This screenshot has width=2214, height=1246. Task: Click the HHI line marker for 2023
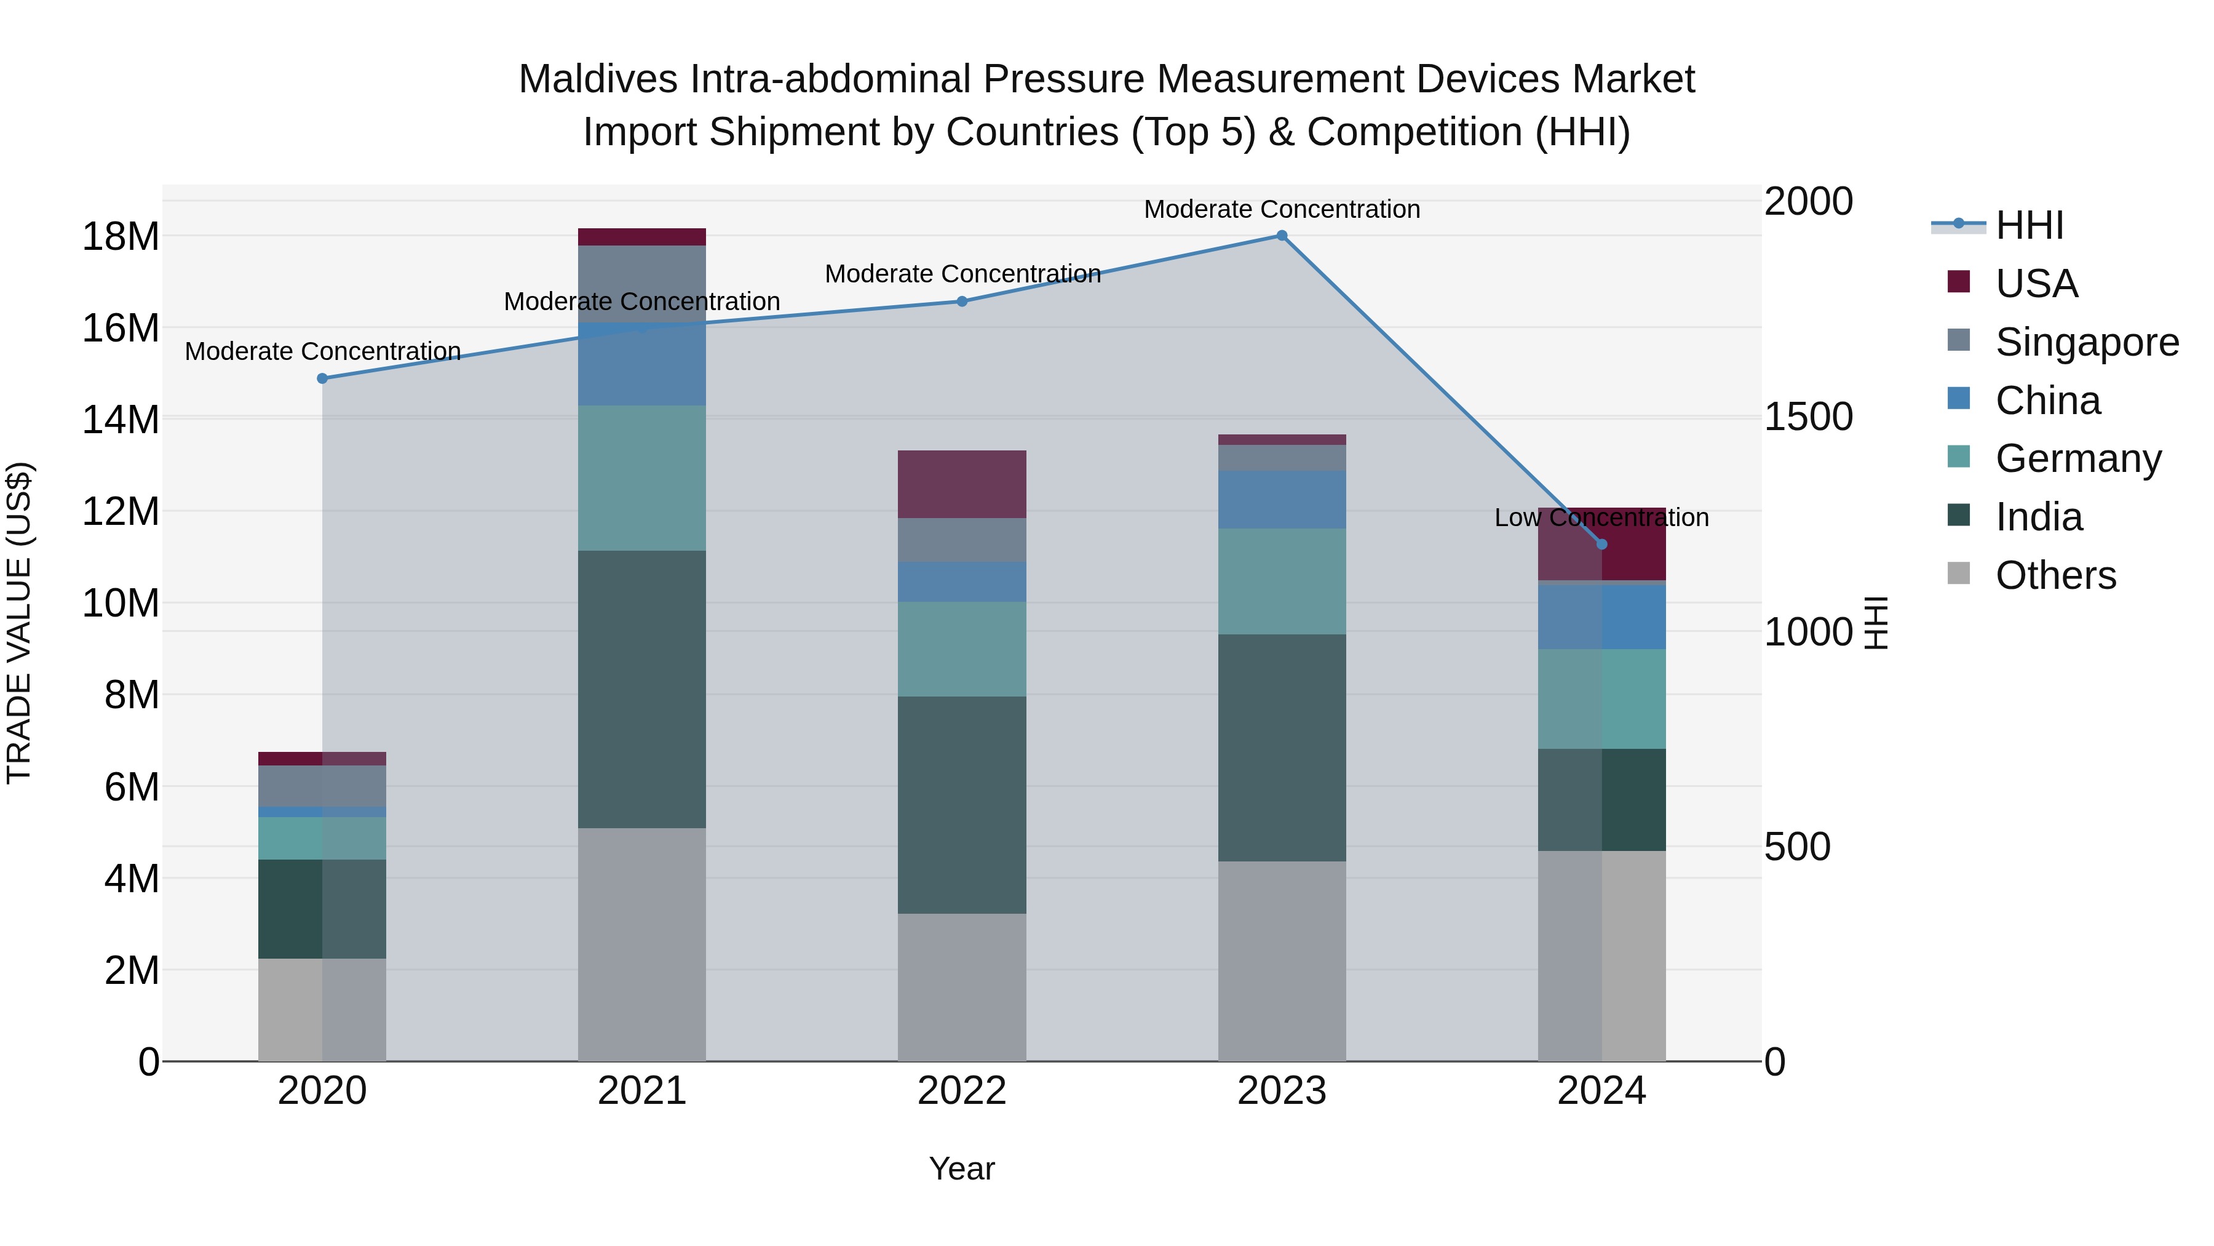coord(1282,236)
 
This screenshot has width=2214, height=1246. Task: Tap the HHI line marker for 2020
coord(322,378)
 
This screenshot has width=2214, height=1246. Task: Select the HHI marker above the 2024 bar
coord(1601,545)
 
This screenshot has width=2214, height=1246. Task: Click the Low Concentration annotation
coord(1601,517)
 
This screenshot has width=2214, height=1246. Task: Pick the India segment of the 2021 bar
coord(642,689)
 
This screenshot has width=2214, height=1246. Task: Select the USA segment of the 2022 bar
coord(962,484)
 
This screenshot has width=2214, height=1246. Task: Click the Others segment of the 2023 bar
coord(1282,960)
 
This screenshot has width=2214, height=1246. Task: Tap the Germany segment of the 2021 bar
coord(642,478)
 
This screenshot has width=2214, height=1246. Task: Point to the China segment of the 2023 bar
coord(1282,500)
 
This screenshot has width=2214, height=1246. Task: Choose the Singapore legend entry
coord(2087,342)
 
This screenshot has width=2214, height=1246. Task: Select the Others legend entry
coord(2055,575)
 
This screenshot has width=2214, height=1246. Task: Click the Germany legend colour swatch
coord(1959,457)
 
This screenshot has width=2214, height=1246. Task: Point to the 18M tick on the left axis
coord(121,236)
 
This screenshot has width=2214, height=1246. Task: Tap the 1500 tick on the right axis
coord(1808,417)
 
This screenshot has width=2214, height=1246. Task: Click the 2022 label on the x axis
coord(962,1091)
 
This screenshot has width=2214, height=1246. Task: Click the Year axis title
coord(962,1168)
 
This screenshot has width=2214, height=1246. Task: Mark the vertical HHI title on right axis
coord(1876,623)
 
